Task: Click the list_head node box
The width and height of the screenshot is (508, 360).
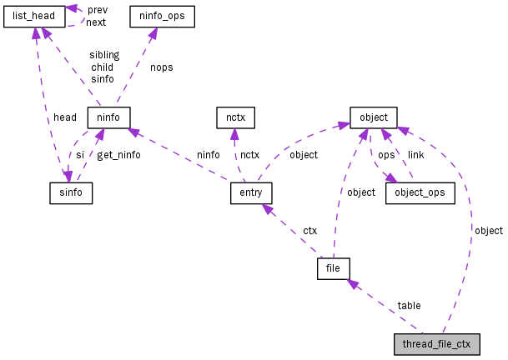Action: [34, 16]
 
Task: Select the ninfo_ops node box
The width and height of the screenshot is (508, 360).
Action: [163, 16]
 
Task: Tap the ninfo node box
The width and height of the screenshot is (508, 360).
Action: [108, 117]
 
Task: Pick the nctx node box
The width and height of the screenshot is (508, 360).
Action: [234, 117]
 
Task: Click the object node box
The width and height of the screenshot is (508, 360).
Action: [374, 117]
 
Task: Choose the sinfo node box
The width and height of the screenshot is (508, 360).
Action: [70, 193]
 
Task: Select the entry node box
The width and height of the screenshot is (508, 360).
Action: [251, 193]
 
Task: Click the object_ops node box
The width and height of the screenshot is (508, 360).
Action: [420, 193]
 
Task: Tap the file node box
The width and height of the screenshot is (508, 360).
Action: [333, 268]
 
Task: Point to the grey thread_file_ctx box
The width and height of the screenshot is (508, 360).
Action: [437, 344]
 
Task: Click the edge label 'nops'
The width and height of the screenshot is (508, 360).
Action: [161, 67]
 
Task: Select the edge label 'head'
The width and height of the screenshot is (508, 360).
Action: [64, 117]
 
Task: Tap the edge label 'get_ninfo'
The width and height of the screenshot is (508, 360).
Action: [118, 155]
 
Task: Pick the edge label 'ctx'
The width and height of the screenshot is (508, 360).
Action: [309, 230]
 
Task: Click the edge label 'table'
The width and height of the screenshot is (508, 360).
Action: [409, 306]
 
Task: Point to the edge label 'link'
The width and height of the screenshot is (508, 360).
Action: [415, 155]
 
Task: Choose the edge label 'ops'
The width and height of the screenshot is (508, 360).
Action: [386, 155]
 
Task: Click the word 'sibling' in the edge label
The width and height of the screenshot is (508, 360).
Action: [104, 55]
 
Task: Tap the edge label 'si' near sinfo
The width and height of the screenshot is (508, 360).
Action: [80, 155]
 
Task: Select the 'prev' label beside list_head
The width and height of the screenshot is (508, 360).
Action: [97, 10]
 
